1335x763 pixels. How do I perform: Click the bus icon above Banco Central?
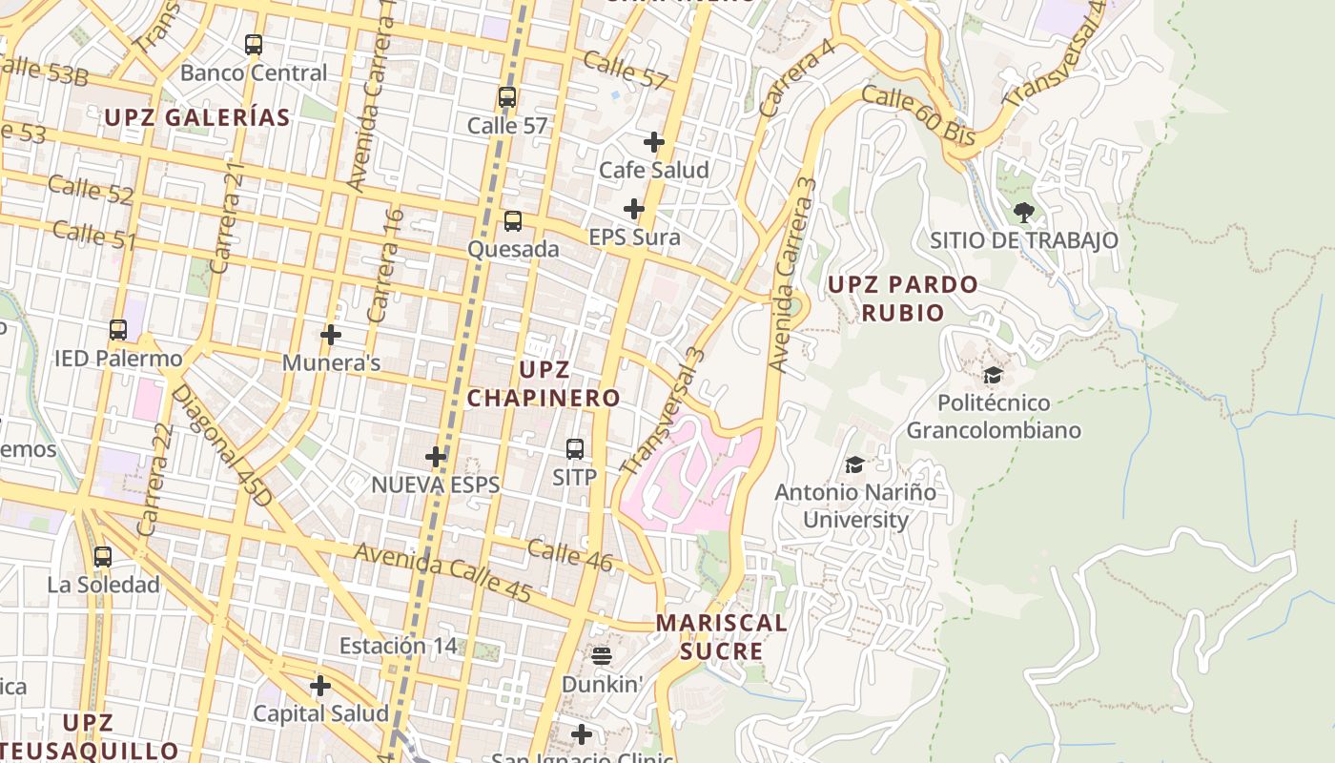click(x=254, y=45)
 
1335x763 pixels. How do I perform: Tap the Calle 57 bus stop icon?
click(x=507, y=97)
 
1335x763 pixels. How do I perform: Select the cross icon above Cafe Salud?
click(x=654, y=142)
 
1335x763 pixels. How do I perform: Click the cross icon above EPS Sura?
click(x=634, y=209)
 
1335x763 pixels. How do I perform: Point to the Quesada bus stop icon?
click(x=513, y=221)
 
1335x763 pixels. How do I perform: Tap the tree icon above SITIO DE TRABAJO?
click(x=1024, y=212)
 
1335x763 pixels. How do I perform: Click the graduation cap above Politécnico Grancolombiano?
click(x=993, y=375)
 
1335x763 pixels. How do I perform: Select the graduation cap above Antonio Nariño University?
click(x=854, y=464)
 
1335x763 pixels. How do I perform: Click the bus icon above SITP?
click(x=575, y=448)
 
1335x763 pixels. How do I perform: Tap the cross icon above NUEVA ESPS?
click(x=436, y=457)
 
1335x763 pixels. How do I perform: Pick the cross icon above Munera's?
click(x=331, y=335)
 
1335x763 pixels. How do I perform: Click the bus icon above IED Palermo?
click(x=118, y=330)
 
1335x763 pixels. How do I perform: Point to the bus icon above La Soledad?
click(x=103, y=556)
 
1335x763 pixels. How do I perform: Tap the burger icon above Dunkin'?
click(x=602, y=655)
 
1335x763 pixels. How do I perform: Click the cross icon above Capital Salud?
click(x=320, y=686)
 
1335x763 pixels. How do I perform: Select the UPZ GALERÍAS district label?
click(x=197, y=117)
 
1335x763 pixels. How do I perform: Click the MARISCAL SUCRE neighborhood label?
click(x=722, y=637)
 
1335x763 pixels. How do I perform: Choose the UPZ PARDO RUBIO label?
click(x=902, y=298)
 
